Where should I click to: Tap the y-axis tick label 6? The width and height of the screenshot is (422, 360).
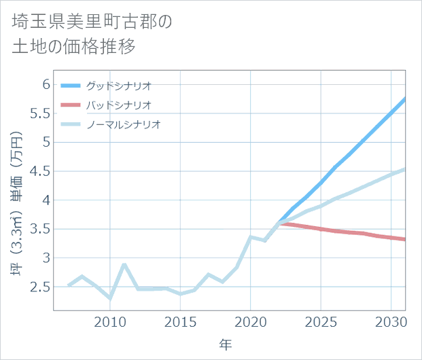click(46, 84)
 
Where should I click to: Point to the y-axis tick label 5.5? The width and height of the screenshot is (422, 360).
click(41, 113)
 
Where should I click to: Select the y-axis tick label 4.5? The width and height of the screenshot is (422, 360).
click(41, 171)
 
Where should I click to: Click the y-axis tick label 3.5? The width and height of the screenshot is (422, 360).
click(41, 229)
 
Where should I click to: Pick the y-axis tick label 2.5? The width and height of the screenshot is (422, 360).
click(41, 287)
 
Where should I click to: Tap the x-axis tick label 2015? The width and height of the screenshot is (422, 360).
click(181, 321)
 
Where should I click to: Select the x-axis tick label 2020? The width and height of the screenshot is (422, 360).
click(251, 321)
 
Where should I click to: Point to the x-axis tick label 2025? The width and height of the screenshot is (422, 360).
click(321, 321)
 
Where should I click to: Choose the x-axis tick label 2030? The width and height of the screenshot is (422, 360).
click(391, 321)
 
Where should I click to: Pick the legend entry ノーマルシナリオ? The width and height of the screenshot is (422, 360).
click(123, 124)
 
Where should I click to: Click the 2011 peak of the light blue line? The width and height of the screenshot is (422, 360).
click(124, 264)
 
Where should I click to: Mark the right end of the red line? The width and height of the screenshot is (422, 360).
click(405, 239)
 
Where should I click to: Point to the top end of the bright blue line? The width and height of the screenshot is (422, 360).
click(405, 99)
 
